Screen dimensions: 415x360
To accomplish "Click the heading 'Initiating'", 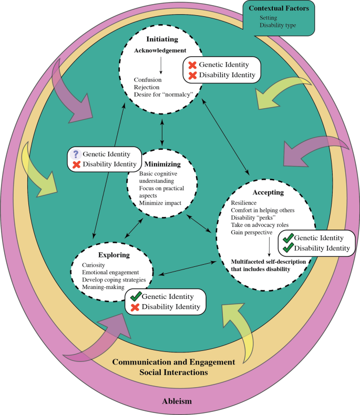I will [x=162, y=39].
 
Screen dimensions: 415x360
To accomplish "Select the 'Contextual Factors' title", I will [x=285, y=9].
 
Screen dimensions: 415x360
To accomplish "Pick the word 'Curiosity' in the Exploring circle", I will [x=96, y=265].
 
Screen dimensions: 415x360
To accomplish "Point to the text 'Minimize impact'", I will [x=161, y=203].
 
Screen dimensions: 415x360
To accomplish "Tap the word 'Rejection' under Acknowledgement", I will [x=147, y=87].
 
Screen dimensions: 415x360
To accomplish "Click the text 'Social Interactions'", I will [x=173, y=372].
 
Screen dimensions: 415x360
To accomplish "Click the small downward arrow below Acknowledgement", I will [x=162, y=65].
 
